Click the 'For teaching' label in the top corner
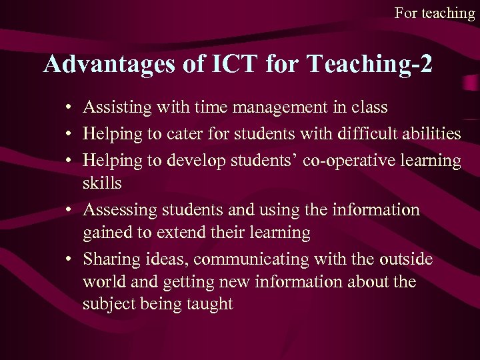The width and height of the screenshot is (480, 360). (434, 13)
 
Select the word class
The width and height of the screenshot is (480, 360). (369, 107)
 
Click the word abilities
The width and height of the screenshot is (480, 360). (430, 134)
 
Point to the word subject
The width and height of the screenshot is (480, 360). (107, 305)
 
